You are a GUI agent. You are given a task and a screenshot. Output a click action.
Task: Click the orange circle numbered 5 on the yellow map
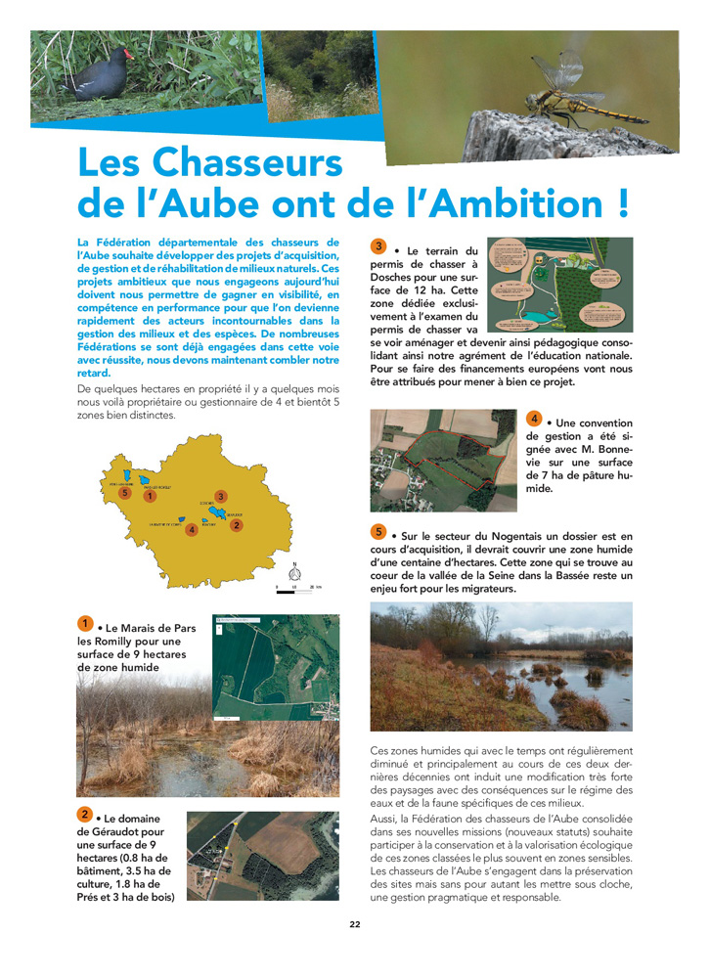(x=124, y=493)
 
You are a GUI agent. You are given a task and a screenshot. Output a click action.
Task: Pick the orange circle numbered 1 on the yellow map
(x=149, y=496)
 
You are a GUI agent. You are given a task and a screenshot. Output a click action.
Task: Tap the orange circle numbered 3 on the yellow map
(x=221, y=497)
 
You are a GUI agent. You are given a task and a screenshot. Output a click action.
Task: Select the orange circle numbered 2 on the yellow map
(x=236, y=525)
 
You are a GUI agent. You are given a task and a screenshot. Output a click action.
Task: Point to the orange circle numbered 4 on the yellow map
(x=191, y=530)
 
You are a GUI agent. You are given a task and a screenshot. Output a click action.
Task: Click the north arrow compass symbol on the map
(x=294, y=570)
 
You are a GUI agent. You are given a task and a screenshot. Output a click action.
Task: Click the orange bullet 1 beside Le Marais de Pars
(x=86, y=624)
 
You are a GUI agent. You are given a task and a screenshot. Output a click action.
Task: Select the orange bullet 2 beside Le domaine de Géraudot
(x=86, y=815)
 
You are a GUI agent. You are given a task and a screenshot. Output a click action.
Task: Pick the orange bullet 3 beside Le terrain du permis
(x=379, y=246)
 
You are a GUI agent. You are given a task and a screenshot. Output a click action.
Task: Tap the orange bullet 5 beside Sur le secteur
(x=379, y=532)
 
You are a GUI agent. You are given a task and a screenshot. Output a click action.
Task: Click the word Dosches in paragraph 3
(x=394, y=278)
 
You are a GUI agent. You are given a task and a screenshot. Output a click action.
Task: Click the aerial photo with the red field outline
(x=443, y=460)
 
